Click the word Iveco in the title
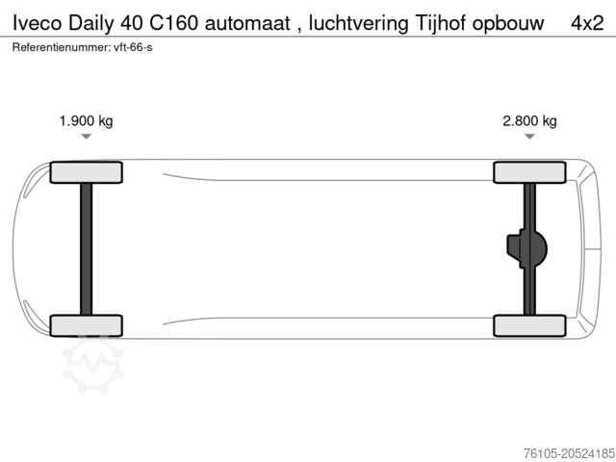pyautogui.click(x=38, y=23)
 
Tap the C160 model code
pyautogui.click(x=173, y=23)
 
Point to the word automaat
pyautogui.click(x=247, y=23)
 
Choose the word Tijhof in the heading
pyautogui.click(x=441, y=24)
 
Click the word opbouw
pyautogui.click(x=508, y=24)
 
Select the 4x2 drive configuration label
pyautogui.click(x=587, y=23)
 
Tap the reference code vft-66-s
pyautogui.click(x=133, y=47)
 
